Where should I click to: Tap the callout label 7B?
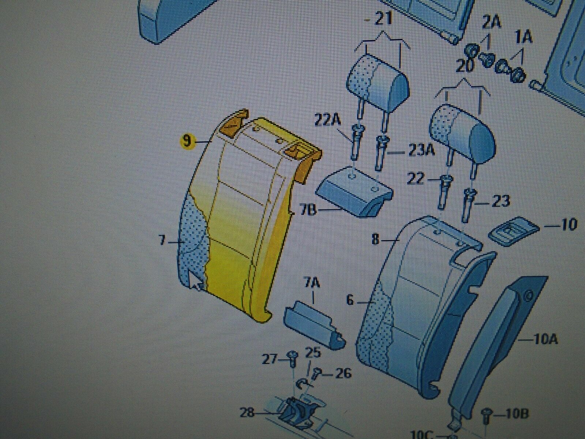[308, 210]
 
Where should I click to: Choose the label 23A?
[421, 151]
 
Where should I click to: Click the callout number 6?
[350, 300]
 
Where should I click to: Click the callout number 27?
[270, 360]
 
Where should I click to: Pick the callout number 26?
[343, 373]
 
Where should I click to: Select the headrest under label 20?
[463, 132]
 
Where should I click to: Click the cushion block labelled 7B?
[354, 191]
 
